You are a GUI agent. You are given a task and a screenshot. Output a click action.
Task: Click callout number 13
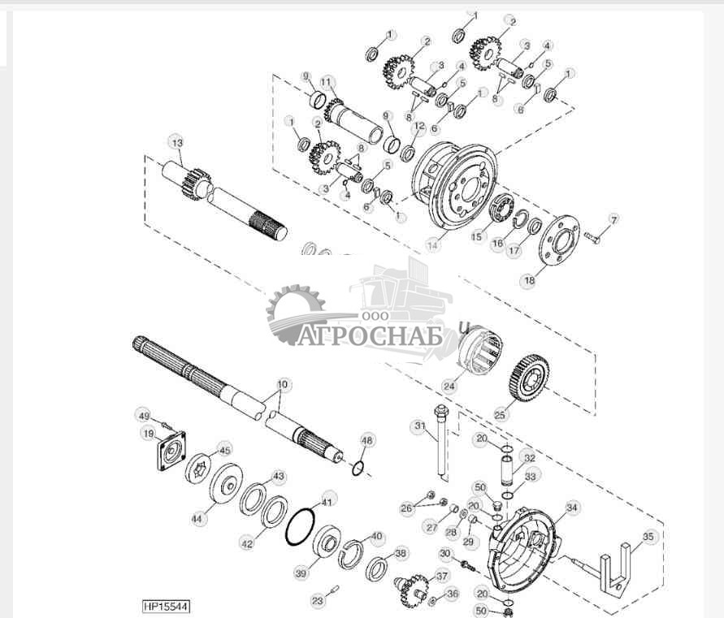click(178, 142)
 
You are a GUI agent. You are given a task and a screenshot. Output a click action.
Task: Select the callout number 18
click(529, 280)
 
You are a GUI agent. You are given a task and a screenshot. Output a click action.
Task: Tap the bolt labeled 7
click(591, 237)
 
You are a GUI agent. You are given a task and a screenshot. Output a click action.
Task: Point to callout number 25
click(501, 414)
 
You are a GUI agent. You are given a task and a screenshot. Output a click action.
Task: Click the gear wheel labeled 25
click(528, 378)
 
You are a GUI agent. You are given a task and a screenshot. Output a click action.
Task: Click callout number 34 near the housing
click(573, 508)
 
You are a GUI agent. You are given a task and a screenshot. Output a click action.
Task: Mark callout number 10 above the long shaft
click(282, 383)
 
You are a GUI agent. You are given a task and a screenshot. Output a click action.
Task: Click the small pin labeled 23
click(335, 586)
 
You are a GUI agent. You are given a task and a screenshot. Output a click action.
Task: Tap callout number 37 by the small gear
click(442, 576)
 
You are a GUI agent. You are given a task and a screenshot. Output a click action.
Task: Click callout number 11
click(327, 82)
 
